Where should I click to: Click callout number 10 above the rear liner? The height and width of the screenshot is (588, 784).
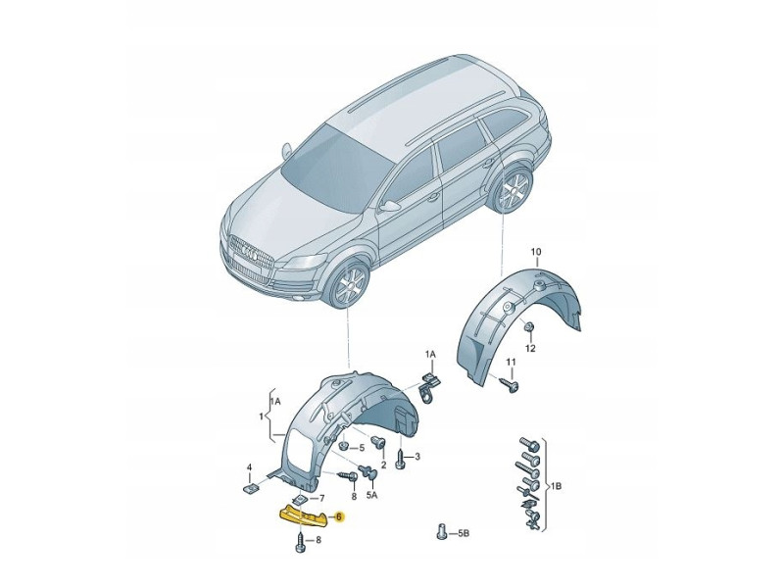[x=536, y=252]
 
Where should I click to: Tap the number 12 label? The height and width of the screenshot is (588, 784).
[x=530, y=348]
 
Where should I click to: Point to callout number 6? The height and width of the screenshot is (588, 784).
[x=338, y=516]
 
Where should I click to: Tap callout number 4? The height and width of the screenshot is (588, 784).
[x=249, y=467]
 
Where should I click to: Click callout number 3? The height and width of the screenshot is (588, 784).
[x=416, y=457]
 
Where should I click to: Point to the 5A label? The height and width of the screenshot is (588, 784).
[x=372, y=497]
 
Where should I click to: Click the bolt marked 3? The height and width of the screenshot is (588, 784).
[x=401, y=459]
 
